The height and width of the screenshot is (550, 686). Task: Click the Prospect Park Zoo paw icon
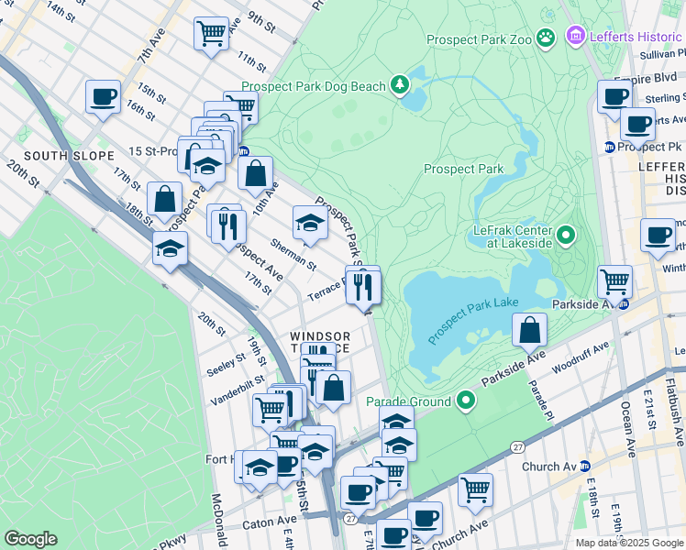point(547,38)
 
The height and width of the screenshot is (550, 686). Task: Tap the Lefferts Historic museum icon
point(576,37)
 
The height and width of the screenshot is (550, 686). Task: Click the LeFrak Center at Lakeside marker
point(566,236)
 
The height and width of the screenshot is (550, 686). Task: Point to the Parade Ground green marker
point(467,401)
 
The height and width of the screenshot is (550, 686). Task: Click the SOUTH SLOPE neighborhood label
point(60,156)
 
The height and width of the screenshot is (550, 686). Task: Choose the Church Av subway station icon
point(584,467)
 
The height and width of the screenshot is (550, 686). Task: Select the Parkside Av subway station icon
point(624,303)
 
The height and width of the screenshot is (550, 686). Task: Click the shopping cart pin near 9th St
point(212,34)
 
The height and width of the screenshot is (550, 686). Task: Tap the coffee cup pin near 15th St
point(103,96)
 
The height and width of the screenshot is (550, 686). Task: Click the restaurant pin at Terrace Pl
point(363,287)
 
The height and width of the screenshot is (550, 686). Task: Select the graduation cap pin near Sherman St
point(310,223)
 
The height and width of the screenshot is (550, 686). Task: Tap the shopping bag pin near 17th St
point(164,199)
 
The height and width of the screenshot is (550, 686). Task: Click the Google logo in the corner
point(30,539)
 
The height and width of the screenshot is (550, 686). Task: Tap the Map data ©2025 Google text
point(628,543)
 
